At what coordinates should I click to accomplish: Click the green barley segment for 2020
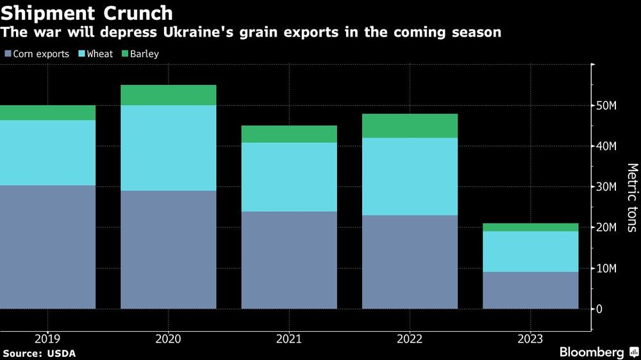pyautogui.click(x=168, y=95)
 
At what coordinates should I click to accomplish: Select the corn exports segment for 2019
pyautogui.click(x=47, y=247)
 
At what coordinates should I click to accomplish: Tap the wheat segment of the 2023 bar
pyautogui.click(x=531, y=251)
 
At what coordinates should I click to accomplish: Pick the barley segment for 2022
pyautogui.click(x=410, y=126)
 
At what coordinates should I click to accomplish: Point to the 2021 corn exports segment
pyautogui.click(x=289, y=259)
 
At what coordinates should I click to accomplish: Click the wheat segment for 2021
pyautogui.click(x=289, y=177)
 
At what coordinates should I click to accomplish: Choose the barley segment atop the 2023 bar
pyautogui.click(x=531, y=227)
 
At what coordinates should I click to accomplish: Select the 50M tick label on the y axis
pyautogui.click(x=607, y=106)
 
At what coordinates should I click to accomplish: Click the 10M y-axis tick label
pyautogui.click(x=607, y=268)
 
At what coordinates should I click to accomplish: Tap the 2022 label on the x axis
pyautogui.click(x=410, y=339)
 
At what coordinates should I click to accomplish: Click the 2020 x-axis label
pyautogui.click(x=168, y=339)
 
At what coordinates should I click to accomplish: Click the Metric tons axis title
pyautogui.click(x=632, y=197)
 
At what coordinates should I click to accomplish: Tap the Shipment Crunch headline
pyautogui.click(x=87, y=13)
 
